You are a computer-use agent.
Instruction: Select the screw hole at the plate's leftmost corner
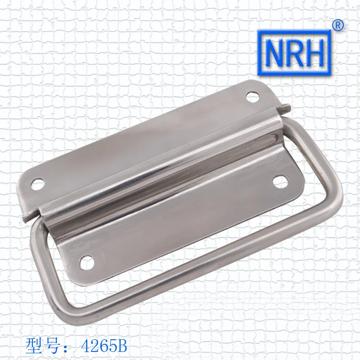click(x=36, y=183)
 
